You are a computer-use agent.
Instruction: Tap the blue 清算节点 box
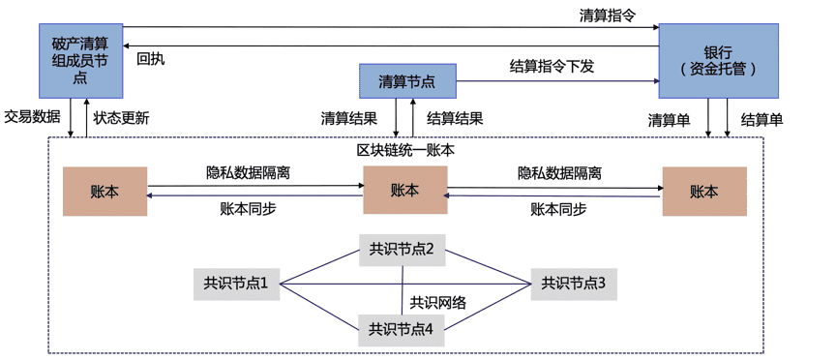click(405, 81)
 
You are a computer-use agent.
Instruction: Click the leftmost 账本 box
click(104, 191)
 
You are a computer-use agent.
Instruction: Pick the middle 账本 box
click(404, 190)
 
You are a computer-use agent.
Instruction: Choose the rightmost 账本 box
click(704, 191)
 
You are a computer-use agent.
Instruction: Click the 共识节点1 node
click(235, 284)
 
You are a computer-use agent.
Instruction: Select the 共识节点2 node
click(401, 250)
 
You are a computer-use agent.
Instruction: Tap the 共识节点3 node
click(573, 284)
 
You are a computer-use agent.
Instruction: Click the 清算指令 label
click(607, 15)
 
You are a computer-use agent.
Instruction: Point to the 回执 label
click(150, 59)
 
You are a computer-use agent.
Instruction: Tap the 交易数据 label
click(32, 117)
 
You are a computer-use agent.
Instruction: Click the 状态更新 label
click(122, 118)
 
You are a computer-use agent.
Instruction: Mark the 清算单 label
click(669, 120)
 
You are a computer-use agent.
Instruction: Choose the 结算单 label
click(761, 120)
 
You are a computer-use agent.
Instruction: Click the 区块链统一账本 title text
click(405, 150)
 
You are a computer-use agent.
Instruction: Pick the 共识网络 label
click(438, 303)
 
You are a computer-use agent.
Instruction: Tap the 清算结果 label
click(349, 118)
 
